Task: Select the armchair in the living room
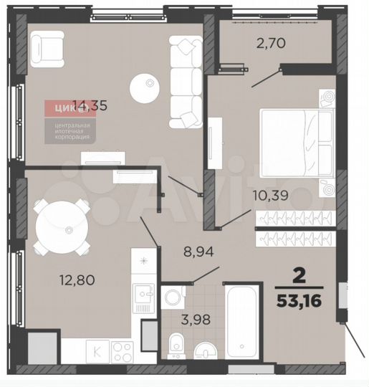click(47, 50)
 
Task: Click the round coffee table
click(146, 88)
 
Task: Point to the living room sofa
click(186, 82)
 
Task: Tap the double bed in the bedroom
click(294, 143)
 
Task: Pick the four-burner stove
click(123, 351)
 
